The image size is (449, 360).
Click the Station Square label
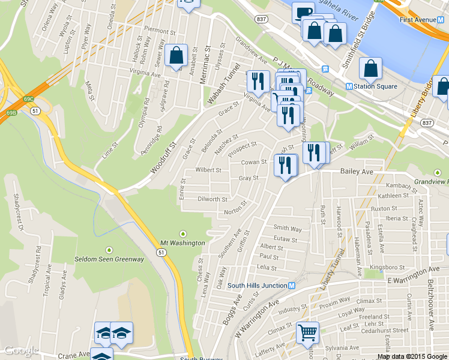point(375,86)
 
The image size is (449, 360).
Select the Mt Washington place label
point(182,243)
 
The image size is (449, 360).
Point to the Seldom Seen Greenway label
point(109,259)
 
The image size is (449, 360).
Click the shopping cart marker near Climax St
point(307,332)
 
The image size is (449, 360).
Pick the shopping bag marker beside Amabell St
point(176,56)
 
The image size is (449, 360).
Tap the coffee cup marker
point(303,12)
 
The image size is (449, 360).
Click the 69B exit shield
point(12,112)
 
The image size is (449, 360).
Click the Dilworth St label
point(212,199)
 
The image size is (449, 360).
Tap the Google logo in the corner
point(21,351)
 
